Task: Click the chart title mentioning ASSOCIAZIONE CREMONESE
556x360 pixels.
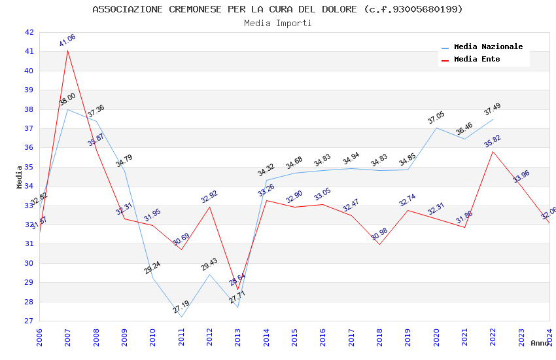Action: (x=277, y=9)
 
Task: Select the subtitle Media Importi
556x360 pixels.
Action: (x=277, y=23)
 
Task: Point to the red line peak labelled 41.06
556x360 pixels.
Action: (x=67, y=50)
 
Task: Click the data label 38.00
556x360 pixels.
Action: (x=67, y=99)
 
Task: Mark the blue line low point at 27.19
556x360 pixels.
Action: (x=181, y=317)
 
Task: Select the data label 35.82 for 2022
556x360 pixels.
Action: (x=493, y=141)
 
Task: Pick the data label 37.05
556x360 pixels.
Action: (x=436, y=118)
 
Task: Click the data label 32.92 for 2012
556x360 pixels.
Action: (x=209, y=196)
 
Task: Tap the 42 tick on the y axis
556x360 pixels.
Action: (x=29, y=32)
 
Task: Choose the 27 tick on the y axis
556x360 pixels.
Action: (x=29, y=321)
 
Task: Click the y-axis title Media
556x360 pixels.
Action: (x=20, y=177)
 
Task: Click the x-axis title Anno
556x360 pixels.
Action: (x=540, y=343)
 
